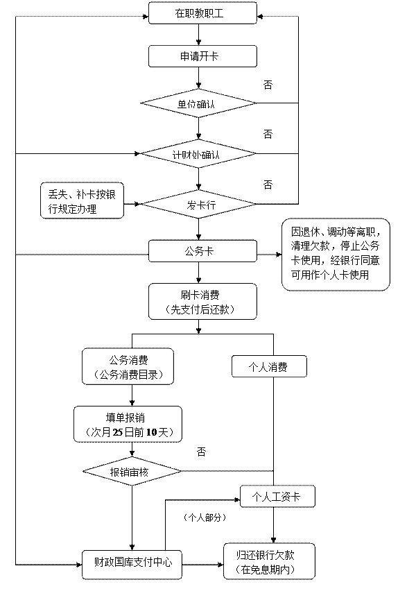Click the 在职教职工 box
(x=202, y=13)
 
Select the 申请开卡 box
(x=202, y=57)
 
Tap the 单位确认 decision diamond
(x=198, y=103)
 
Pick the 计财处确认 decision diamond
(x=198, y=154)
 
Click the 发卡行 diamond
(x=198, y=205)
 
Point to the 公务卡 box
(x=202, y=251)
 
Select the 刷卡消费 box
(x=202, y=302)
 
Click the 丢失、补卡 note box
(x=82, y=201)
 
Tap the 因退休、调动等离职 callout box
(x=336, y=255)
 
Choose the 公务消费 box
(x=128, y=366)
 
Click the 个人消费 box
(x=269, y=366)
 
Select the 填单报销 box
(x=128, y=424)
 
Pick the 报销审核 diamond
(x=132, y=471)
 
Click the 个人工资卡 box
(x=278, y=497)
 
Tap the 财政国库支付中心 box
(x=132, y=565)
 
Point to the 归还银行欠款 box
(x=269, y=561)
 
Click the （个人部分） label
(x=205, y=517)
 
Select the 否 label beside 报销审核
(x=201, y=451)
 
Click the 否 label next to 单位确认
(x=268, y=85)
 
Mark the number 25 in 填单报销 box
(x=118, y=432)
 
